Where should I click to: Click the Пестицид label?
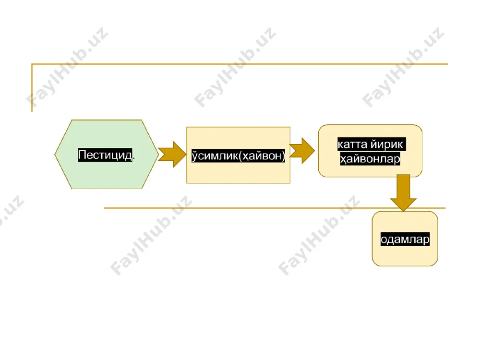coord(105,155)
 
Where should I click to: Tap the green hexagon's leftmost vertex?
coord(55,154)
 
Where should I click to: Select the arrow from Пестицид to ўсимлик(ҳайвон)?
coord(172,154)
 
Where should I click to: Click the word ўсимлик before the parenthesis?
coord(214,156)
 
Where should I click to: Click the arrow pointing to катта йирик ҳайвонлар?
coord(302,151)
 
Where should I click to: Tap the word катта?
coord(352,144)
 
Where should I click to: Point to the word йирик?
coord(386,144)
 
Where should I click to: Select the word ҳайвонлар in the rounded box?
coord(370,159)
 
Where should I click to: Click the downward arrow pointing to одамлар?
coord(404,193)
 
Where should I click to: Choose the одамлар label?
coord(405,239)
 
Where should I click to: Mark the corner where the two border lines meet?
coord(32,64)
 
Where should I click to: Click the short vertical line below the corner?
coord(32,88)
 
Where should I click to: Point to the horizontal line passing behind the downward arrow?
coord(275,208)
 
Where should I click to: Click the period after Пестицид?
coord(134,158)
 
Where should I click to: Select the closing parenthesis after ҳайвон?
coord(283,156)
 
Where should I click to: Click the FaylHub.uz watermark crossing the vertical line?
coord(67,68)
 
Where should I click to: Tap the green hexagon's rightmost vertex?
coord(158,154)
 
